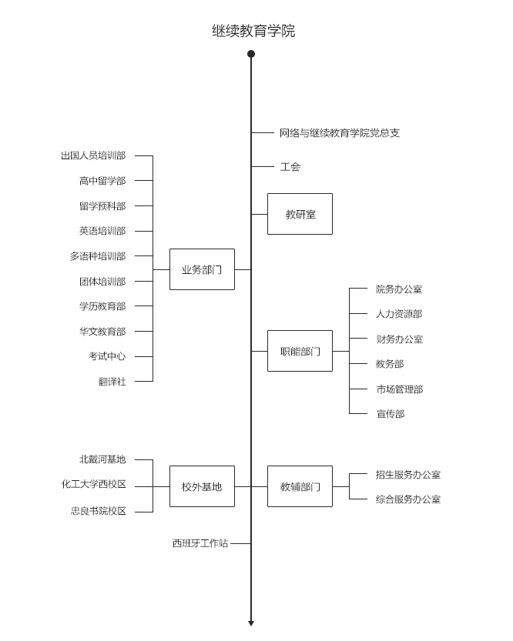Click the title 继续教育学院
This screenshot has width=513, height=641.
click(253, 31)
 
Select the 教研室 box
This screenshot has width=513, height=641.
click(300, 214)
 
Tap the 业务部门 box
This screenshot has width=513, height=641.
click(202, 269)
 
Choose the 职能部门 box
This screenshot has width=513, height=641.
click(300, 351)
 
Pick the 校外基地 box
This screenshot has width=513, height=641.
click(202, 486)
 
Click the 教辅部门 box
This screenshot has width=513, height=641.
click(300, 486)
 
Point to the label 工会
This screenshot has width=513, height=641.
click(290, 166)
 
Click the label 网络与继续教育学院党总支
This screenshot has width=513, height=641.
click(339, 132)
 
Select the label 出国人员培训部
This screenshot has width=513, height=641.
click(93, 155)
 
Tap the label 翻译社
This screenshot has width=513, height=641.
click(112, 381)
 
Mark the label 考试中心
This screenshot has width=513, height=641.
click(107, 356)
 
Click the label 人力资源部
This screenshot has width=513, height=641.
click(399, 314)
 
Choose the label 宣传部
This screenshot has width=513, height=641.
click(390, 414)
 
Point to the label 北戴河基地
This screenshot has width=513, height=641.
click(102, 459)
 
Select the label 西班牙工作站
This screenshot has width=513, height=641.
click(200, 543)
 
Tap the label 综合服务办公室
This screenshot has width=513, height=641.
click(408, 499)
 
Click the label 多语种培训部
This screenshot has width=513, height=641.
click(98, 256)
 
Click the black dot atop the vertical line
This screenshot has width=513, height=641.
click(251, 54)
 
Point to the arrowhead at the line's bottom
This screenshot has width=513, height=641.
click(251, 623)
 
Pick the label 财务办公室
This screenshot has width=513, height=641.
click(399, 339)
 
